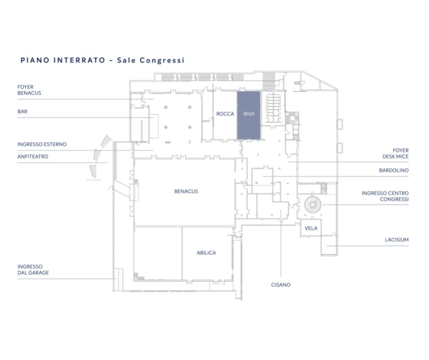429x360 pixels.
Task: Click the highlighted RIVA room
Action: [x=249, y=115]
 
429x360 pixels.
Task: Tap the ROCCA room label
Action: [x=225, y=114]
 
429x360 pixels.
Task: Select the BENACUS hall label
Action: [x=186, y=191]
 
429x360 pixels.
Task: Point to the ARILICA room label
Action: [x=206, y=253]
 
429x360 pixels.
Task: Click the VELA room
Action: [x=311, y=228]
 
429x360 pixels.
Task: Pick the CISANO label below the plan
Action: [x=281, y=285]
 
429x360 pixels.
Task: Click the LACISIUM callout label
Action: [x=397, y=240]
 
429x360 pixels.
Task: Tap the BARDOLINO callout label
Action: [x=394, y=170]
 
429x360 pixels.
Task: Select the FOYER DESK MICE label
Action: [x=395, y=154]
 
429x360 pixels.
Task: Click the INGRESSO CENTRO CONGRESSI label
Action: [x=385, y=196]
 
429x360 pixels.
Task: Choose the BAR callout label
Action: [x=22, y=111]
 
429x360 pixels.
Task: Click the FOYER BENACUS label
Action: [x=29, y=90]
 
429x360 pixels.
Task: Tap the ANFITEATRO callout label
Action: [x=33, y=156]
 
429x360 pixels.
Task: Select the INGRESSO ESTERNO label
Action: [x=42, y=144]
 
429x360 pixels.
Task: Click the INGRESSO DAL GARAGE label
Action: [x=33, y=270]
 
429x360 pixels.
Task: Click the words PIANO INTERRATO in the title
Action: [x=63, y=60]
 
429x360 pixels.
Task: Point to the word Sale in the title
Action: [x=126, y=60]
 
